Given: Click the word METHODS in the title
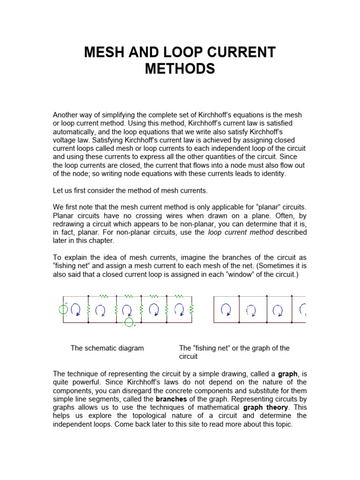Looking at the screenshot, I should pos(180,69).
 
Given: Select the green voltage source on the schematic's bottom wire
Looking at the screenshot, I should pos(128,322).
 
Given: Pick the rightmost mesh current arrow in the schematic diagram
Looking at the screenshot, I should pos(179,309).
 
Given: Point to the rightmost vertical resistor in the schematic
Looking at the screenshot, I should pos(191,309).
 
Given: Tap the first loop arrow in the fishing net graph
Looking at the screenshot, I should pos(226,309).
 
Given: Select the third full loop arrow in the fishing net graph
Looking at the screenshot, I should pos(277,309).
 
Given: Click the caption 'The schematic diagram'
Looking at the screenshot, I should pos(107,348).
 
